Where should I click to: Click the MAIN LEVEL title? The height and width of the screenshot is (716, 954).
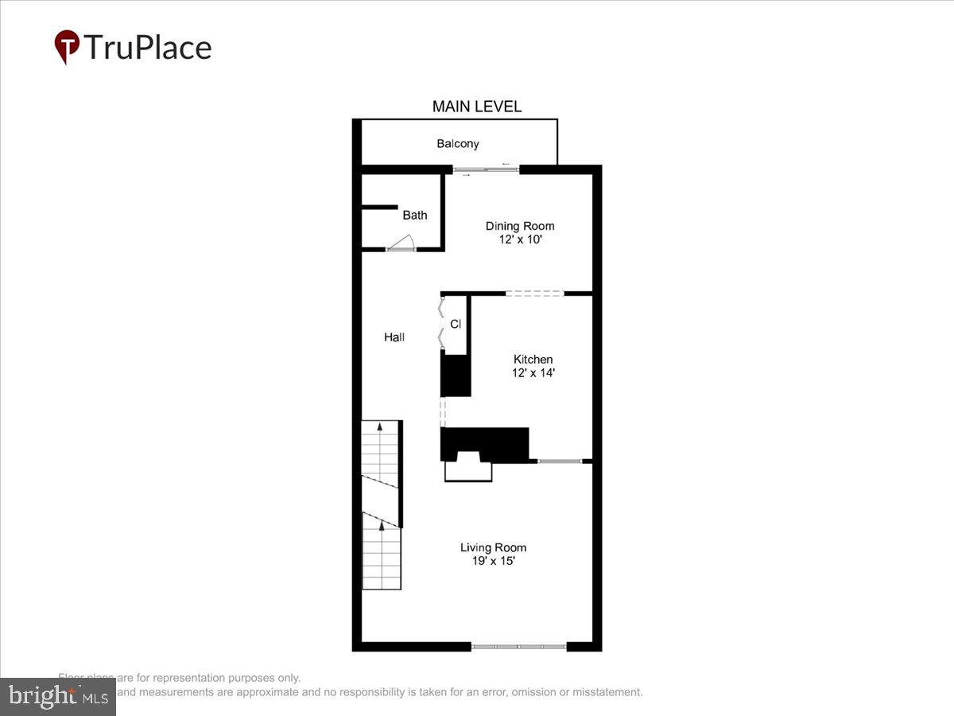476,107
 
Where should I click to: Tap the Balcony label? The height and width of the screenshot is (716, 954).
458,144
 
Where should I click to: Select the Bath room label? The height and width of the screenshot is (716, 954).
414,215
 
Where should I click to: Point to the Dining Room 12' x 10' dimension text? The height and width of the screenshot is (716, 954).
520,239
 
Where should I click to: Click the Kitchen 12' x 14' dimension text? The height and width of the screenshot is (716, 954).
533,372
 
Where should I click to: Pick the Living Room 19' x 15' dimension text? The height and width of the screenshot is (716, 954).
493,560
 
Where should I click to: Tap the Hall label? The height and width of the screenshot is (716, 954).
394,337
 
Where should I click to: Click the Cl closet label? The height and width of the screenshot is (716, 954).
456,324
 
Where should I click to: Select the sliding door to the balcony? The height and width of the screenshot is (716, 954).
487,169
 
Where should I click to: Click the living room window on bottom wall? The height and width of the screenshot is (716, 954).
518,647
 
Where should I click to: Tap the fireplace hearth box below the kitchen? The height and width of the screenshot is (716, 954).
468,472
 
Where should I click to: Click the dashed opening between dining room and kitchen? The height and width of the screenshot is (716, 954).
534,294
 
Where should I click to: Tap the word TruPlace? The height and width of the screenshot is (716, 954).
147,48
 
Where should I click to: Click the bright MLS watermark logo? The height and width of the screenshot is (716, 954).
57,696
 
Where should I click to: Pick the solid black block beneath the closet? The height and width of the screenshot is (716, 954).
456,376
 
